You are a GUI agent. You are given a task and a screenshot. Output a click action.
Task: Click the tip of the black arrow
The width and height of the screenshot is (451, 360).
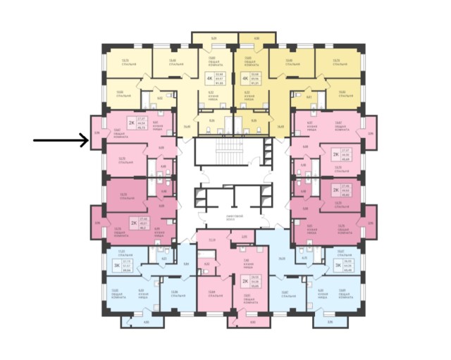tap(87, 141)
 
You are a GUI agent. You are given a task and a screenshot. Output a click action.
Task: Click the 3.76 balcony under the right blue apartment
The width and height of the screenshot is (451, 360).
tap(328, 322)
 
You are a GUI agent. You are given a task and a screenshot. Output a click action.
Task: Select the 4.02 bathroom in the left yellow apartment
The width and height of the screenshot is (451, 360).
tap(160, 99)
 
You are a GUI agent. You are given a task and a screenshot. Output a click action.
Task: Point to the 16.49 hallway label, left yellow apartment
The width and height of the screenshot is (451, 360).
tap(186, 127)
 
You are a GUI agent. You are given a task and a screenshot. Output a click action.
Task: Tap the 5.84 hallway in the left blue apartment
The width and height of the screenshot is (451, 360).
tap(185, 264)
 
